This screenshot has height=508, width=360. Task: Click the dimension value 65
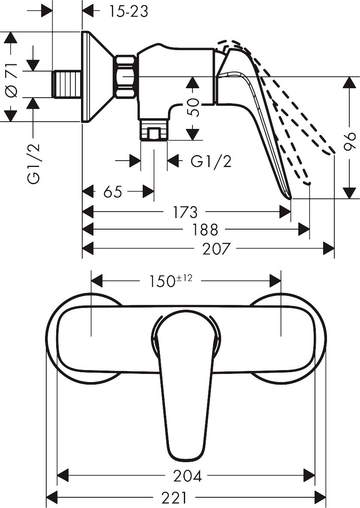112,191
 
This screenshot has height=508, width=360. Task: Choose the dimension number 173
185,212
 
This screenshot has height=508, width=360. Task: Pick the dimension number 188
205,230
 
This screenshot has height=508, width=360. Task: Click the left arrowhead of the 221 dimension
51,497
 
